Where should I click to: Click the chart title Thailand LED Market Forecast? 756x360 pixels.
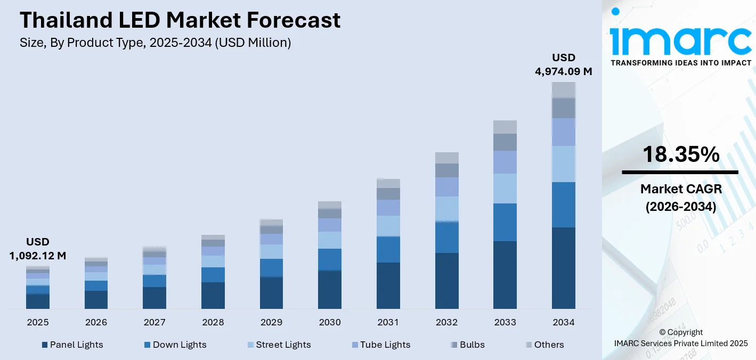click(180, 20)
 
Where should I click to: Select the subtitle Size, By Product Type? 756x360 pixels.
click(155, 43)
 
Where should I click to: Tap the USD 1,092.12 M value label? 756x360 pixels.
click(37, 249)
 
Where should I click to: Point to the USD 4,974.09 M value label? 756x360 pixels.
click(563, 64)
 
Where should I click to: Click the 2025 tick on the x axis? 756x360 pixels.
click(37, 322)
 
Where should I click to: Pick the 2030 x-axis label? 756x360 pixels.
click(329, 322)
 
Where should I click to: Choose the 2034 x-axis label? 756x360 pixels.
click(563, 322)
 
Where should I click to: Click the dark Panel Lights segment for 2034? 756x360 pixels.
click(563, 268)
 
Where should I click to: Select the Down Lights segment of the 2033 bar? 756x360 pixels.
click(505, 222)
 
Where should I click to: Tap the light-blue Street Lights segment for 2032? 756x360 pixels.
click(446, 209)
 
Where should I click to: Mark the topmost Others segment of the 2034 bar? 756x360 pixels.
click(563, 89)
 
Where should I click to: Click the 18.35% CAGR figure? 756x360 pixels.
click(680, 154)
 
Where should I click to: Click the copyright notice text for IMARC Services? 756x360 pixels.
click(680, 338)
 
